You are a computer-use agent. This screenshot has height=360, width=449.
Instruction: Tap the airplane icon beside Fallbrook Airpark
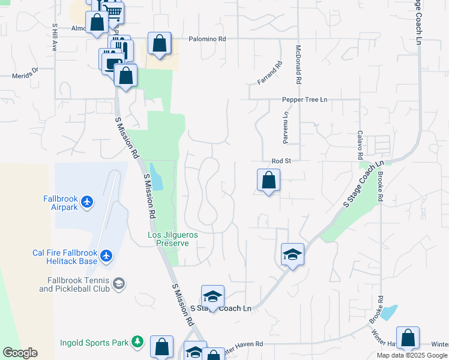(88, 202)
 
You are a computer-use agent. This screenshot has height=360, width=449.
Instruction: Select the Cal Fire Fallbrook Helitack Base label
(65, 257)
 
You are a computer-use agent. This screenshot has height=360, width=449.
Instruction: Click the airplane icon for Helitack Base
(107, 256)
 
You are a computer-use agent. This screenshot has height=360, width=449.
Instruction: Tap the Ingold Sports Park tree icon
(138, 342)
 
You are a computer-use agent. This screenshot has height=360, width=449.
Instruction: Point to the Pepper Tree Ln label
(306, 99)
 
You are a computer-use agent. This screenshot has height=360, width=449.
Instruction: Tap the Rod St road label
(281, 161)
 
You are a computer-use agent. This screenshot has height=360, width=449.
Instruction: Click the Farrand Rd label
(270, 73)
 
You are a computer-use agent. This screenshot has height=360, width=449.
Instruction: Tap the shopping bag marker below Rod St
(268, 179)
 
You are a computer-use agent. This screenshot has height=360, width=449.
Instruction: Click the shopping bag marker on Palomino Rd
(159, 43)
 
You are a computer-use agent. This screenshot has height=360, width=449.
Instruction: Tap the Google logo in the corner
(20, 353)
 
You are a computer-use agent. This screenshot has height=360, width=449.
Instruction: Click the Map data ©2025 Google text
(411, 355)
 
